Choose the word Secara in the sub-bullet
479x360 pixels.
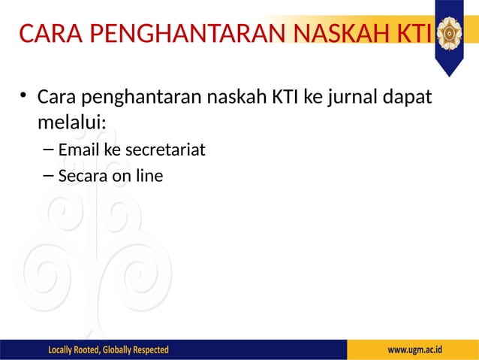pyautogui.click(x=83, y=176)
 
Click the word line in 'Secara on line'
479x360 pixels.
pyautogui.click(x=149, y=176)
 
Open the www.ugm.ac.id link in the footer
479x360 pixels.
pyautogui.click(x=414, y=350)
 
